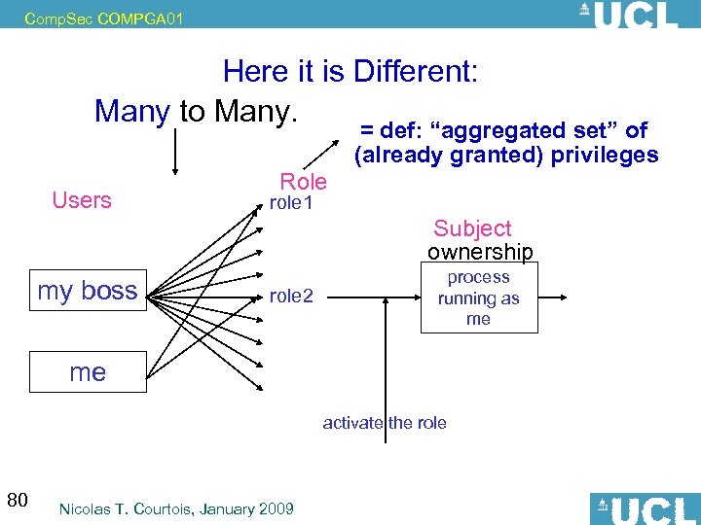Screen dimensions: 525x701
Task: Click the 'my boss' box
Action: coord(88,291)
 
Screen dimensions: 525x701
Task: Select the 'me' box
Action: coord(88,371)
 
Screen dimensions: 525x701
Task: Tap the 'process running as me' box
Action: coord(478,298)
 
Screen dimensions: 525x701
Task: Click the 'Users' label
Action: coord(82,200)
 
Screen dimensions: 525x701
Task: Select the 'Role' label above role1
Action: coord(303,181)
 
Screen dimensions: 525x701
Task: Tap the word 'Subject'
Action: coord(472,228)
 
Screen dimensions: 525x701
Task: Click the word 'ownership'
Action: coord(480,253)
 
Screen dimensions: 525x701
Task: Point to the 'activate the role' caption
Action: coord(385,422)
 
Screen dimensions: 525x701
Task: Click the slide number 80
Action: coord(17,501)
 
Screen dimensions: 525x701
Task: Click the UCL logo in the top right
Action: coord(628,15)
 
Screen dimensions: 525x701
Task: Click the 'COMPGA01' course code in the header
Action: coord(140,17)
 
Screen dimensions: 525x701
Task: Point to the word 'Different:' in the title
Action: coord(416,71)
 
